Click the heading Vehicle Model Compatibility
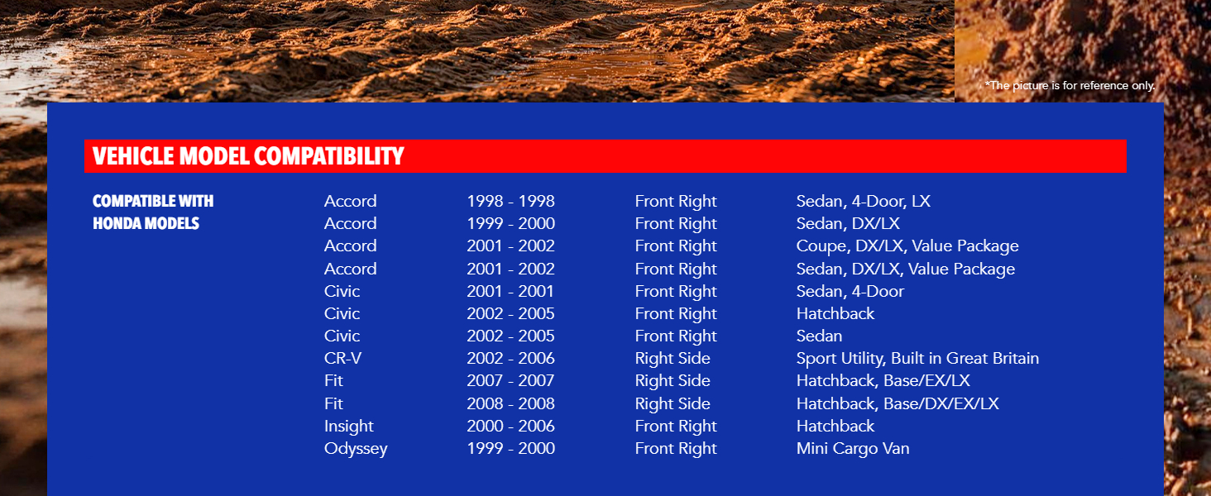[x=248, y=156]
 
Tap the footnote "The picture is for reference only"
[x=1070, y=85]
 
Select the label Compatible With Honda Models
[x=153, y=212]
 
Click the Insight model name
[x=349, y=427]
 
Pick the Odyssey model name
[x=356, y=449]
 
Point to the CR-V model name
[x=342, y=358]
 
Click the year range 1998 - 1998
[x=511, y=201]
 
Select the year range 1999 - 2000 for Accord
[x=511, y=224]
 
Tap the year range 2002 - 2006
[x=511, y=358]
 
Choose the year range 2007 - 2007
[x=511, y=381]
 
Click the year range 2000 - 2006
[x=511, y=426]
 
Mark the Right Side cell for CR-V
[x=673, y=358]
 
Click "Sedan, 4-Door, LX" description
[x=864, y=201]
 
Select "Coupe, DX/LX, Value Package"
[x=907, y=246]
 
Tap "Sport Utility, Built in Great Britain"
[x=917, y=359]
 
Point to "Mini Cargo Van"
[x=853, y=448]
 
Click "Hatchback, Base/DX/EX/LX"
[x=897, y=403]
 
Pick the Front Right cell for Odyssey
[x=676, y=448]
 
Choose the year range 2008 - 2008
[x=511, y=403]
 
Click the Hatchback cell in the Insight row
[x=835, y=426]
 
